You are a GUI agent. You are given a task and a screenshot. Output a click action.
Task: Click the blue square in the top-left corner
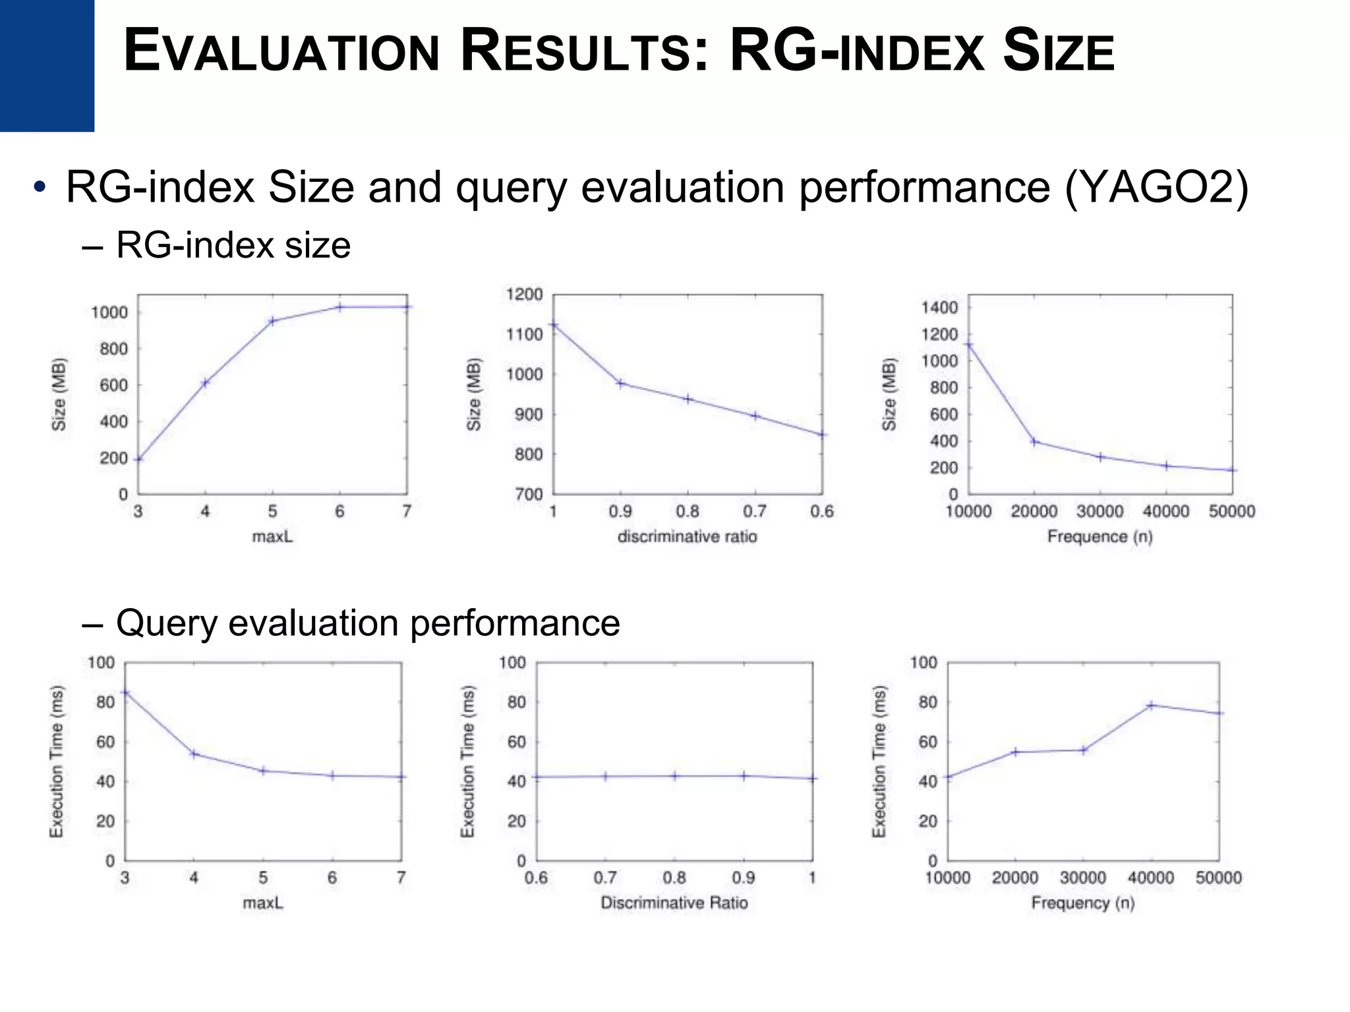(x=47, y=65)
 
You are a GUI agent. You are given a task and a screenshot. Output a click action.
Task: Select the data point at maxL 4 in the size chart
(x=205, y=383)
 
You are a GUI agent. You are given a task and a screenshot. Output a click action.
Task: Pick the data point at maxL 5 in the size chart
(x=272, y=322)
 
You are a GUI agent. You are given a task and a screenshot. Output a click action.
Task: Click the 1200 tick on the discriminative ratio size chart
(x=525, y=295)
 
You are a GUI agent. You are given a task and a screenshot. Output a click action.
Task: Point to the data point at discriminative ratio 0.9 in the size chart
(x=620, y=383)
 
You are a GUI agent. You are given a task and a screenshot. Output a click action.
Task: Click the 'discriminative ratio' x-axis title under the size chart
(x=687, y=537)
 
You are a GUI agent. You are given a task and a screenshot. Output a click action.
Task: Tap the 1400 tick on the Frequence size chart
(x=939, y=308)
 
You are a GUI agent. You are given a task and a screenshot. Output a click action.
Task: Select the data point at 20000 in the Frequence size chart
(x=1034, y=441)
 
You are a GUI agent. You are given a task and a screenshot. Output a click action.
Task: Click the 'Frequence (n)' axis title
(x=1100, y=537)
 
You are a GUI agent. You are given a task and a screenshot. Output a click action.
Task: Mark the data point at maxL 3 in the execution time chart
(x=125, y=692)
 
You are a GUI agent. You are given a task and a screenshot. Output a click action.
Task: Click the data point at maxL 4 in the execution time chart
(x=194, y=753)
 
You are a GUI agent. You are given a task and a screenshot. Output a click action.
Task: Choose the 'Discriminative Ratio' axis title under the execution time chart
(x=674, y=903)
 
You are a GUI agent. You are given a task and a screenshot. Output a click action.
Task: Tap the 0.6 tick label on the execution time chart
(x=536, y=878)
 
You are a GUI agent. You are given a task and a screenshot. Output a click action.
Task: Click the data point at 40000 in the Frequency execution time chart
(x=1151, y=705)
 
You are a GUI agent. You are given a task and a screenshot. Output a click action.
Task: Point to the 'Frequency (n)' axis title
(x=1082, y=903)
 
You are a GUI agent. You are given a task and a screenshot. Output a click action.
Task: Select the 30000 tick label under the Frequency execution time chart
(x=1082, y=878)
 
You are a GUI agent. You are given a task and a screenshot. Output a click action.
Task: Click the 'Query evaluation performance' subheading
(x=368, y=623)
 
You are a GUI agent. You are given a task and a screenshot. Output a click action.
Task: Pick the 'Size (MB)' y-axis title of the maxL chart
(x=59, y=394)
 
